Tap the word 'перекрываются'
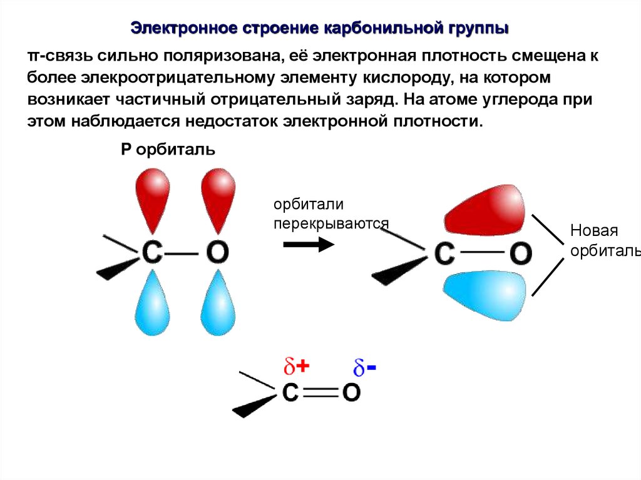(x=331, y=223)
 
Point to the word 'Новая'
(x=593, y=230)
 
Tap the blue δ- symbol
(x=364, y=368)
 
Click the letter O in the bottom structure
(x=351, y=392)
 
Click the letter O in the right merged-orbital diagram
(x=520, y=253)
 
